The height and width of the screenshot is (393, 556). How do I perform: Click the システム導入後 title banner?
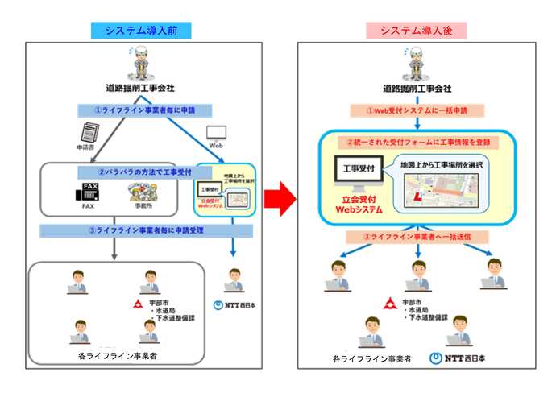pos(417,30)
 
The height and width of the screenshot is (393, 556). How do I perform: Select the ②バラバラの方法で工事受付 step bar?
pos(133,172)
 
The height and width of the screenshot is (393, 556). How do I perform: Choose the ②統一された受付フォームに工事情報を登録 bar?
pos(417,142)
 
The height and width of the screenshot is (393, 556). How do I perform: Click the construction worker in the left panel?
pos(144,60)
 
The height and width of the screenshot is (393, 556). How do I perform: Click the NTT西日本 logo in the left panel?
pos(234,305)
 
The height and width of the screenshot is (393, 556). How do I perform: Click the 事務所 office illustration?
pos(142,193)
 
